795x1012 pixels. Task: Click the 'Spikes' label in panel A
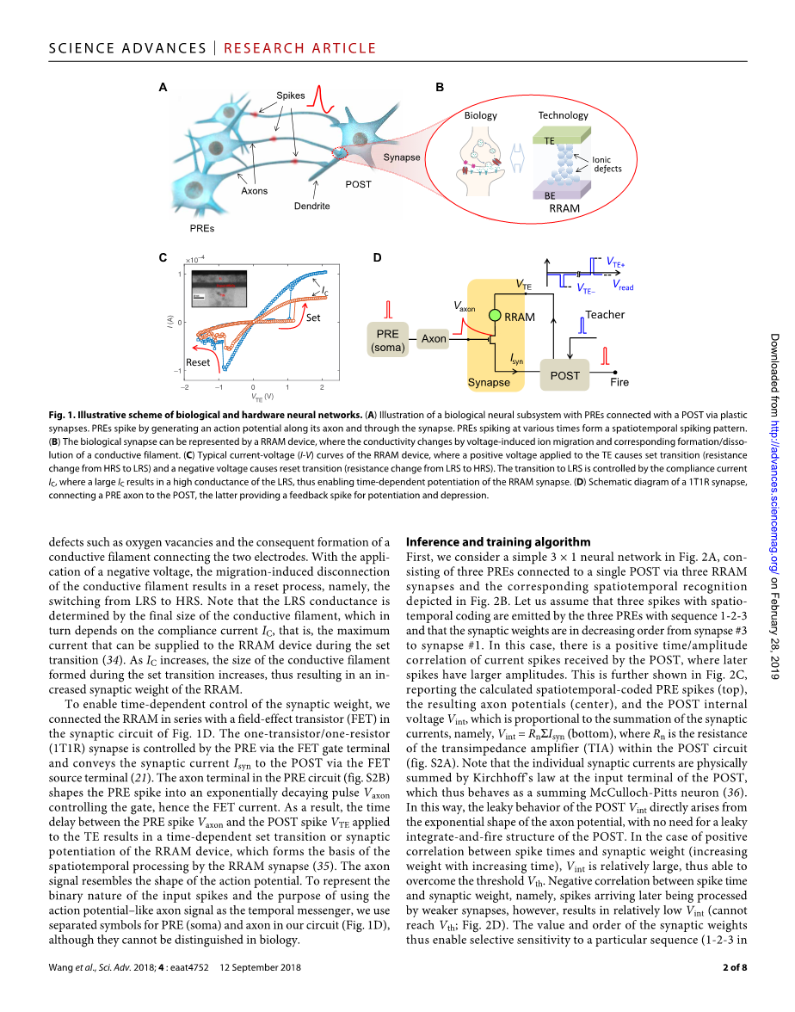click(291, 96)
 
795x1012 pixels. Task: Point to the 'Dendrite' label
click(311, 206)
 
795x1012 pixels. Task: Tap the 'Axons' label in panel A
click(254, 190)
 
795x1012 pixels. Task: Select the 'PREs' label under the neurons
click(202, 229)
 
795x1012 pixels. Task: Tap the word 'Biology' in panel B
click(481, 115)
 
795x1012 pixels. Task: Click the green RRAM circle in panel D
click(495, 316)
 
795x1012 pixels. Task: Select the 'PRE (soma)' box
click(388, 340)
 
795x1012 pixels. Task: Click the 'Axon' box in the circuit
click(434, 339)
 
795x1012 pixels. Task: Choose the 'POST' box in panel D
click(564, 375)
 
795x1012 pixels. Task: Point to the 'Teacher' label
click(605, 315)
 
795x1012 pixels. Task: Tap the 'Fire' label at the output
click(619, 382)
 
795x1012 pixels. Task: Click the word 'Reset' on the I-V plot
click(198, 362)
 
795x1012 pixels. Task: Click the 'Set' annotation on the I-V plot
click(313, 318)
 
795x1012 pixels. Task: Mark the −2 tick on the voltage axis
click(185, 389)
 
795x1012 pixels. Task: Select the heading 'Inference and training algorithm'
click(498, 542)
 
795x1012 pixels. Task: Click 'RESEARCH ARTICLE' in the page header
click(299, 49)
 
